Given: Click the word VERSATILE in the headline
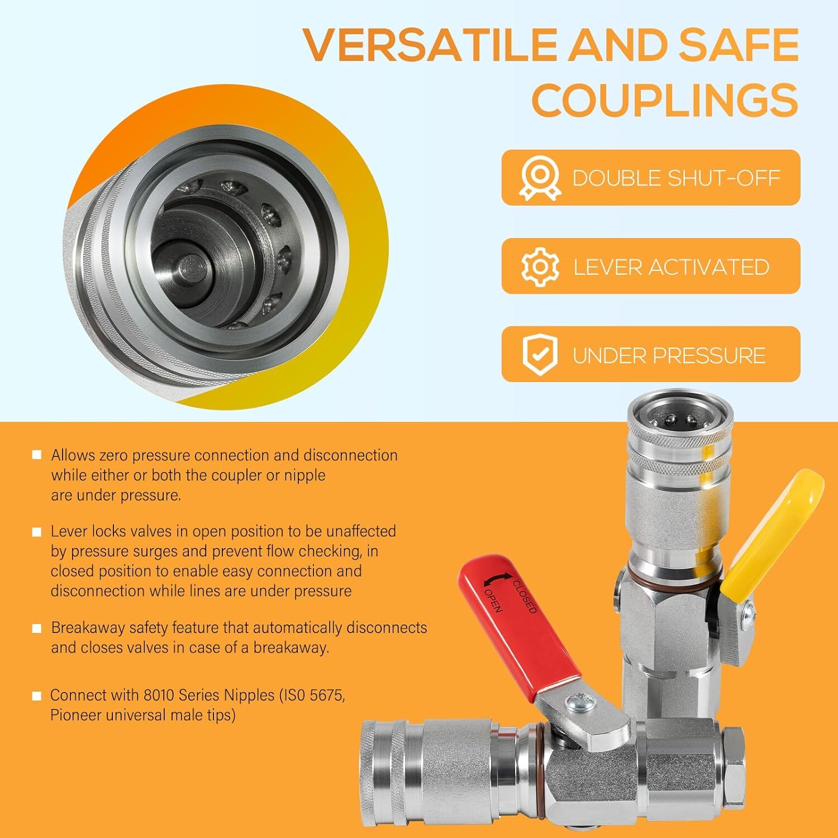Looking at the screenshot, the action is point(431,44).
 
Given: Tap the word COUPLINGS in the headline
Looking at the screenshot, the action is point(665,100).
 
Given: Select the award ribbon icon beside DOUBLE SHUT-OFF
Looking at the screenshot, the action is point(540,178).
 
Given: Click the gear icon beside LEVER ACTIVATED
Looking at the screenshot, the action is point(540,266).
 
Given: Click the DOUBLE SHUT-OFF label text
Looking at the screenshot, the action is point(676,178).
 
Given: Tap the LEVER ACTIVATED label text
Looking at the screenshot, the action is point(672,267).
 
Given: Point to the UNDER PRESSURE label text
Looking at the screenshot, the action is point(669,356).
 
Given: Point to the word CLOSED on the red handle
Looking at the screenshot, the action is point(525,596).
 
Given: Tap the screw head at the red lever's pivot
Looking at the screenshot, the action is point(576,703).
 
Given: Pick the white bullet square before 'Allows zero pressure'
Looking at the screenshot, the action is point(37,455).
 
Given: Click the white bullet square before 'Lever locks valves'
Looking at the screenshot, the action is point(37,532).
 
